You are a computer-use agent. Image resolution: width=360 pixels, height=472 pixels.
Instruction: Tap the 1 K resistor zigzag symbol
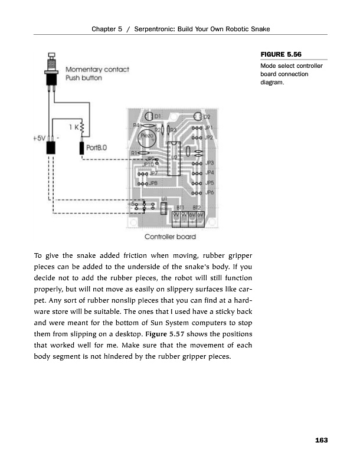point(82,127)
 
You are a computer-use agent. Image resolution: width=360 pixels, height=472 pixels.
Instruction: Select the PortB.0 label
point(97,147)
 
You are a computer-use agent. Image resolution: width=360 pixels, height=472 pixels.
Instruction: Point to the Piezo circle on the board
point(147,137)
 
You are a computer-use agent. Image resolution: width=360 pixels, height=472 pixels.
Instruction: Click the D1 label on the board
point(158,116)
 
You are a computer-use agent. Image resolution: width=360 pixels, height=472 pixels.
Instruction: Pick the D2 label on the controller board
point(207,117)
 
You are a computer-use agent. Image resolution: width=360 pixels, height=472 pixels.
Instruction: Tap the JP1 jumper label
point(208,127)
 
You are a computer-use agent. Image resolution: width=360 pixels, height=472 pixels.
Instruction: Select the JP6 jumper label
point(208,192)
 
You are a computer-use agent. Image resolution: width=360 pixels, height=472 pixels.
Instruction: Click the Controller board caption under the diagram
point(171,237)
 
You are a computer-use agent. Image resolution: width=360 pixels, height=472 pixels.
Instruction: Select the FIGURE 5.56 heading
point(277,55)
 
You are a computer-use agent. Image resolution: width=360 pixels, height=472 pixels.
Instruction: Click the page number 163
point(322,440)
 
